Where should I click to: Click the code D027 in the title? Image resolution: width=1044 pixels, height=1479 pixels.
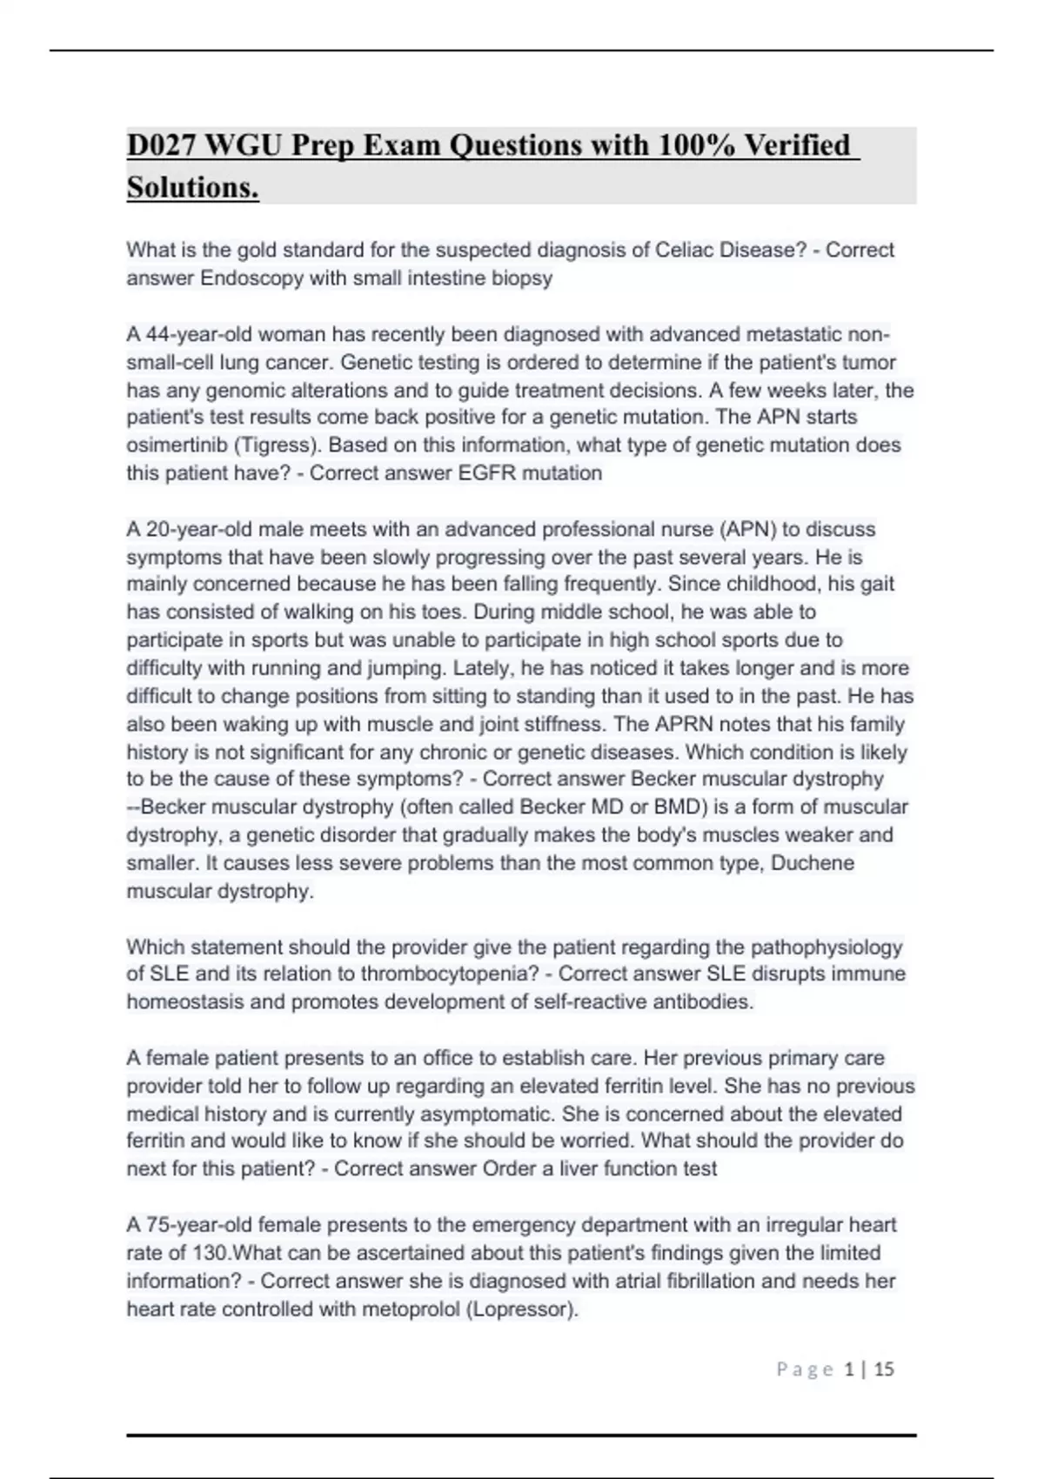pyautogui.click(x=160, y=145)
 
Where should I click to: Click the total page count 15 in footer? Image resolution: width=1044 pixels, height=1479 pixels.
pyautogui.click(x=884, y=1369)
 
